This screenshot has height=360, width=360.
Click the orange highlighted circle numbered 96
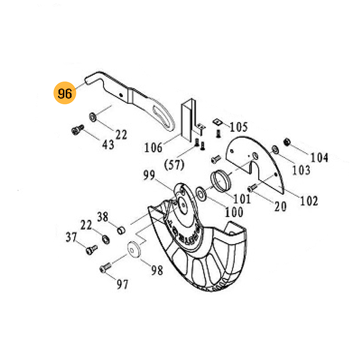(x=65, y=93)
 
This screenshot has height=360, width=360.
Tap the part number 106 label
(x=153, y=147)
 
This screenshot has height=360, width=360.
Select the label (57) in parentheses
(x=174, y=165)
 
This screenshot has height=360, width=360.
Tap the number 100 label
(x=234, y=211)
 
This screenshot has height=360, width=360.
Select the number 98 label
(x=157, y=270)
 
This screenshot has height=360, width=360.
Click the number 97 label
(x=122, y=284)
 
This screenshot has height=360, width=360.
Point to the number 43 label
(x=108, y=144)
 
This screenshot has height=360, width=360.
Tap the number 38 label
(x=103, y=217)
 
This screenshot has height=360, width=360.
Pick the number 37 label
(x=72, y=237)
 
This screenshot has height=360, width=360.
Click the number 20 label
(x=280, y=206)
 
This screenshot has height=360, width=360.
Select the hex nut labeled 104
(x=285, y=143)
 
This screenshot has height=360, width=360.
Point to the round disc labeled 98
(x=133, y=249)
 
